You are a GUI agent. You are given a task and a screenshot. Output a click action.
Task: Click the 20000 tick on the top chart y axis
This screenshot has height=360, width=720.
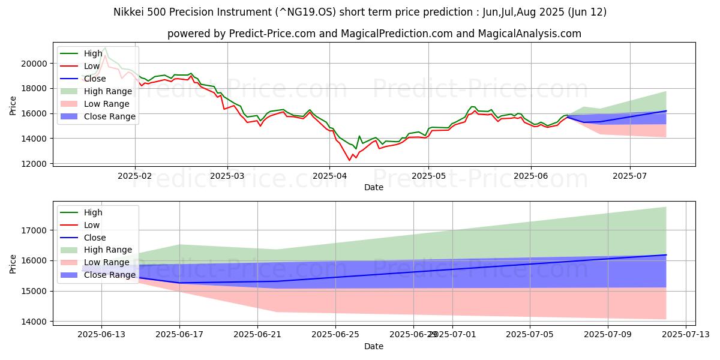point(34,63)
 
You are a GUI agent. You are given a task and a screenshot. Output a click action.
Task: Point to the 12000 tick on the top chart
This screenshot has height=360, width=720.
point(34,164)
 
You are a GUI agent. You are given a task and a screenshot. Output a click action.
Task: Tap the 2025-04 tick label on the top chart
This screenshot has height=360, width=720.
point(329,176)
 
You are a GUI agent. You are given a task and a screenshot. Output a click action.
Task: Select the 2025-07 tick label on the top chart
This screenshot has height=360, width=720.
point(630,176)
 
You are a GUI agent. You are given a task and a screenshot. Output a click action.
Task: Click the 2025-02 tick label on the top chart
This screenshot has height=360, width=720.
point(134,176)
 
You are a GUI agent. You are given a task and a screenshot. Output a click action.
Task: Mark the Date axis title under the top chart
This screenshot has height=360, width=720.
point(374,187)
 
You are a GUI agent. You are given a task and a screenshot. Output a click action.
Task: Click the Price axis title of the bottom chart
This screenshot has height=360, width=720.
point(13,264)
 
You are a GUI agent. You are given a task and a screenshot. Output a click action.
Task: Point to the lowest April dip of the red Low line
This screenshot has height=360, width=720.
point(350,160)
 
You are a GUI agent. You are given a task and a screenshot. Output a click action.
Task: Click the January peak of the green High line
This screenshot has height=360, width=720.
point(105,47)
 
